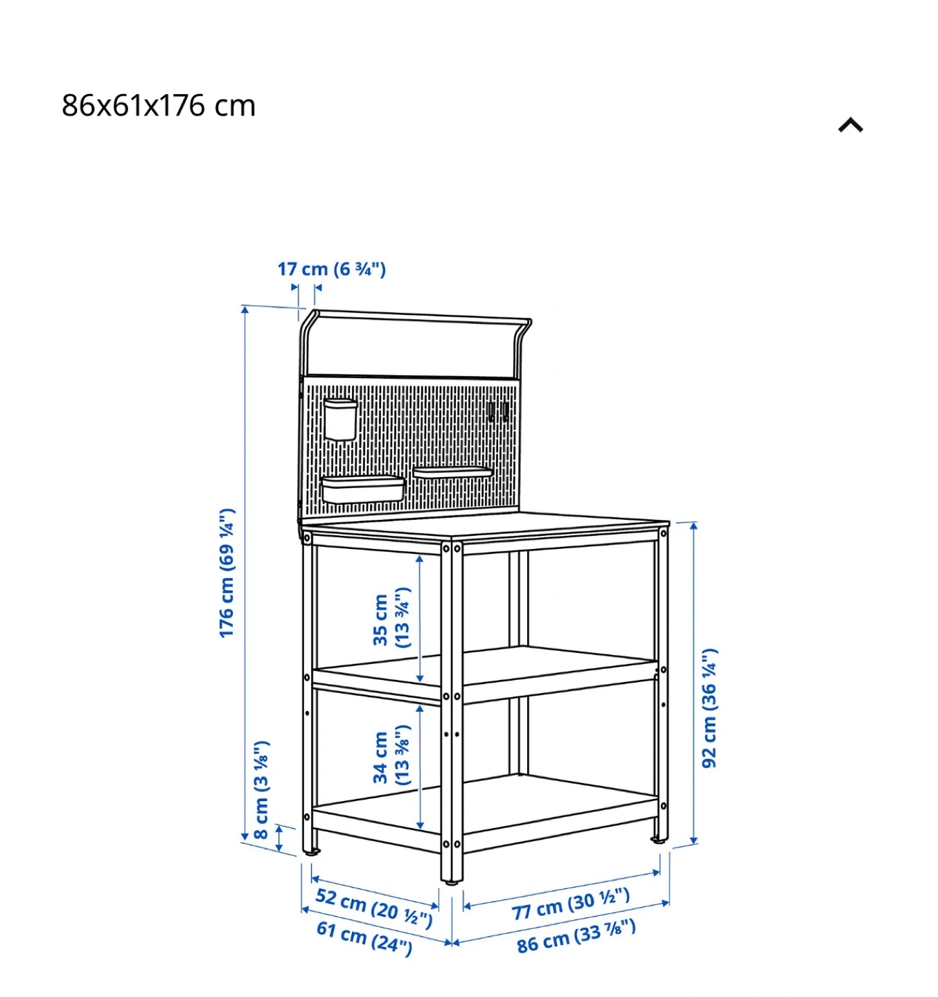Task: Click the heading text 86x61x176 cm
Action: click(159, 106)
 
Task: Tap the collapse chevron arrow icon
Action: click(850, 125)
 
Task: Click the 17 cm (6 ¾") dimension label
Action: click(331, 269)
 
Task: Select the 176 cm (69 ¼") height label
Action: click(227, 573)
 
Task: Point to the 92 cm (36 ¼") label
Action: click(709, 708)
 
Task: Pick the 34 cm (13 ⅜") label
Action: click(391, 755)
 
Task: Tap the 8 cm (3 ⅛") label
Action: click(261, 789)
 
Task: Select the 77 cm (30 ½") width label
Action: click(571, 905)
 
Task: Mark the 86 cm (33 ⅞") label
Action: click(576, 936)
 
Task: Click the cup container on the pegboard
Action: click(340, 419)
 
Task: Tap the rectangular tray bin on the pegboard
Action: click(362, 488)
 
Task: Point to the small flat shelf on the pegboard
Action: click(452, 472)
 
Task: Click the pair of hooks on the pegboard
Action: click(498, 411)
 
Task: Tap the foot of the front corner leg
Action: click(452, 881)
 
